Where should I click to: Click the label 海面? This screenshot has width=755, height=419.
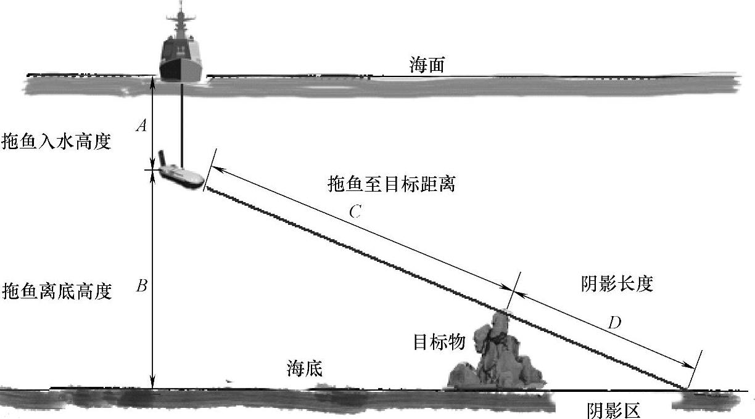tap(427, 65)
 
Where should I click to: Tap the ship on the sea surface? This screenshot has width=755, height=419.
tap(181, 52)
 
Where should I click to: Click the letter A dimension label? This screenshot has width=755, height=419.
tap(141, 126)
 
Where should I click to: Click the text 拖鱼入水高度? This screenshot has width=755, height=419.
tap(56, 142)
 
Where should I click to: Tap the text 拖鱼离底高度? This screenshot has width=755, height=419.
tap(57, 290)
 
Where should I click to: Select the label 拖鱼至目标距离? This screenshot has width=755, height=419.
tap(392, 184)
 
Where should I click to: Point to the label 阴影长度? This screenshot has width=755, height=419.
tap(617, 283)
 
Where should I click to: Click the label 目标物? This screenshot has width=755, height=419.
tap(439, 342)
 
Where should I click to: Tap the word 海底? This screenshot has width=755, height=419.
tap(304, 368)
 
